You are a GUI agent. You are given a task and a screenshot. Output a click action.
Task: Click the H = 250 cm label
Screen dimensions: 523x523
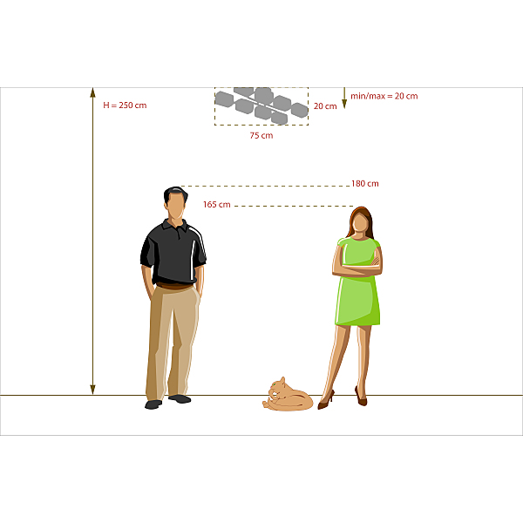[125, 105]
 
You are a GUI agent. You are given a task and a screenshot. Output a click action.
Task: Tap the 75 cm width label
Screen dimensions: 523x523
[261, 135]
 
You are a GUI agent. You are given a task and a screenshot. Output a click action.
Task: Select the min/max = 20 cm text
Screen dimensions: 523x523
[384, 96]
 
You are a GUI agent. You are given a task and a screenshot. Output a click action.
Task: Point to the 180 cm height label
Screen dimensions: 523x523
[365, 183]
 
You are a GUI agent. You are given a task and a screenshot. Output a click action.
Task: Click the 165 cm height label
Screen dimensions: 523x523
[217, 205]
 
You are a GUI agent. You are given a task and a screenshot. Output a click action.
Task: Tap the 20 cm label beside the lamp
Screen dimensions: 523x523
[325, 106]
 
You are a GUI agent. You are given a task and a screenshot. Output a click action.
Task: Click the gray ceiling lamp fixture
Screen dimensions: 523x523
[261, 105]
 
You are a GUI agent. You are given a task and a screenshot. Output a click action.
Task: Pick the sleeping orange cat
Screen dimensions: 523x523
[288, 395]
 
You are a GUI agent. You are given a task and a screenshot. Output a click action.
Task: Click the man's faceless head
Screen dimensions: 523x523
[175, 203]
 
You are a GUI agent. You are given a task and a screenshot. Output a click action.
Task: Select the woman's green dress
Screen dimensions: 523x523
[358, 282]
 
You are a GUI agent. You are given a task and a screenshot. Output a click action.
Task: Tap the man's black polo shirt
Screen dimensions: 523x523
[173, 252]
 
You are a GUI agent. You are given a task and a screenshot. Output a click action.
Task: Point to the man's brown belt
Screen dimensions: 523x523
[174, 286]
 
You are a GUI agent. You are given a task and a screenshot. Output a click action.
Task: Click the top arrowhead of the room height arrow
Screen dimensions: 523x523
[92, 92]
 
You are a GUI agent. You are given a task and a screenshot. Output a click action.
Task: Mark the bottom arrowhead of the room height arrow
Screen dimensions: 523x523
[92, 390]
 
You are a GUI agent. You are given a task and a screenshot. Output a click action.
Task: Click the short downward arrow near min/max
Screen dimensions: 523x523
[344, 98]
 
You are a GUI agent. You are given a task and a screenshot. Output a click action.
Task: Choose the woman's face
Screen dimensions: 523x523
[360, 222]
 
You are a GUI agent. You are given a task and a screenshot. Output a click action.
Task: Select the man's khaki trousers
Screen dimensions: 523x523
[173, 342]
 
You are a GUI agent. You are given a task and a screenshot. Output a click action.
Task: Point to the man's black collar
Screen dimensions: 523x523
[175, 226]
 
